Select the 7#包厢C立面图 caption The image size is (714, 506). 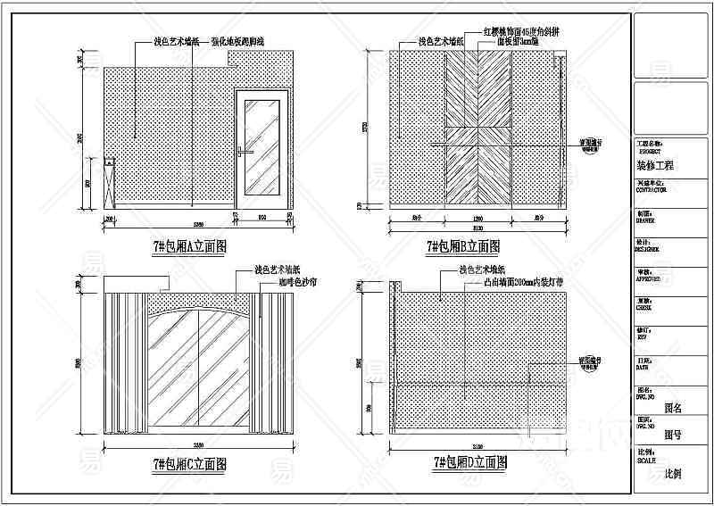(189, 463)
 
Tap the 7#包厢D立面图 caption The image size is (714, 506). (470, 462)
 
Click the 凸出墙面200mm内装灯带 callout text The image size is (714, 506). (522, 282)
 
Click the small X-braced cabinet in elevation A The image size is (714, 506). (110, 184)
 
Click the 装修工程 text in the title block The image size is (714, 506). (655, 165)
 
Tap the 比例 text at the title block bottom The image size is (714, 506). (672, 473)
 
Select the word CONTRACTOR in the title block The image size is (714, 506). (652, 189)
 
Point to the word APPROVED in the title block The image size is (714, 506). (649, 278)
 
